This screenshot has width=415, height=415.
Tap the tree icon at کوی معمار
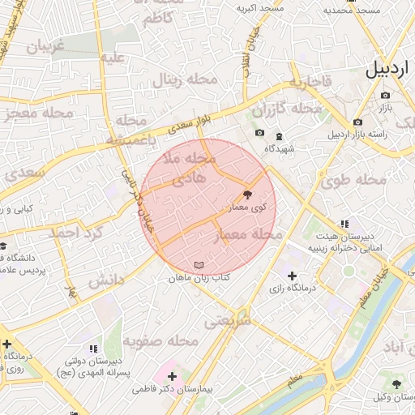coord(247,195)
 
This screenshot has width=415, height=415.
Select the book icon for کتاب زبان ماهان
coord(200,265)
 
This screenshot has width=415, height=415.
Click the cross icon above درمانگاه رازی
coord(292,276)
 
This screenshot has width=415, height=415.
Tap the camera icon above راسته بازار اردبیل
coord(357,122)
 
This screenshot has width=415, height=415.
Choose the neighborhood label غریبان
coord(45,47)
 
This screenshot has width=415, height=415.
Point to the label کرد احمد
coord(75,233)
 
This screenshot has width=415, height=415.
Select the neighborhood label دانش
coord(106,280)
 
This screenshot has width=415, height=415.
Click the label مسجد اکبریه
coord(257,9)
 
